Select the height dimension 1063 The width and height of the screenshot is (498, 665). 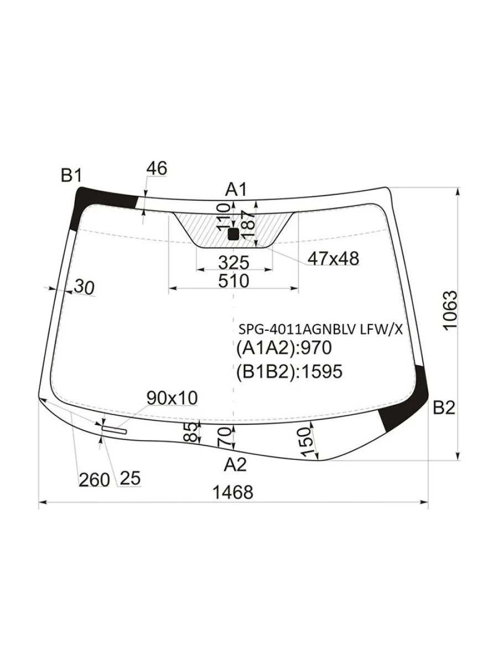450,309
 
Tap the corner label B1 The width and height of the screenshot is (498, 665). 71,175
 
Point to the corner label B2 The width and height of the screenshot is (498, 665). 444,408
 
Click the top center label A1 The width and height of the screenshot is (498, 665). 236,190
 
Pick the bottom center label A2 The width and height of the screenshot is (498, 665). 235,464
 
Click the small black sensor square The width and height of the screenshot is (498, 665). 233,234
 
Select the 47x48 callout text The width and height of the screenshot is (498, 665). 333,258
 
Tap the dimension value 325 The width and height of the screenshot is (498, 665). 234,262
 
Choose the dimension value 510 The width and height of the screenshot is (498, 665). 234,281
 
